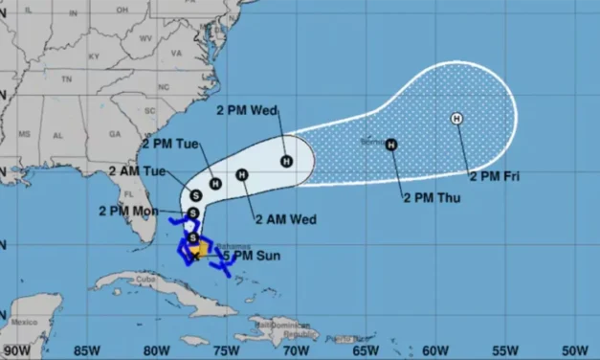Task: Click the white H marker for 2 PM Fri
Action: pyautogui.click(x=456, y=118)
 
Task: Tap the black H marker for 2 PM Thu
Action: pyautogui.click(x=391, y=145)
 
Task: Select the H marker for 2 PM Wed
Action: pyautogui.click(x=286, y=160)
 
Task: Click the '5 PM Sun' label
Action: pyautogui.click(x=246, y=256)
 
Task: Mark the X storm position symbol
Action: pyautogui.click(x=195, y=256)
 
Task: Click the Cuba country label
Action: pyautogui.click(x=144, y=280)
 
